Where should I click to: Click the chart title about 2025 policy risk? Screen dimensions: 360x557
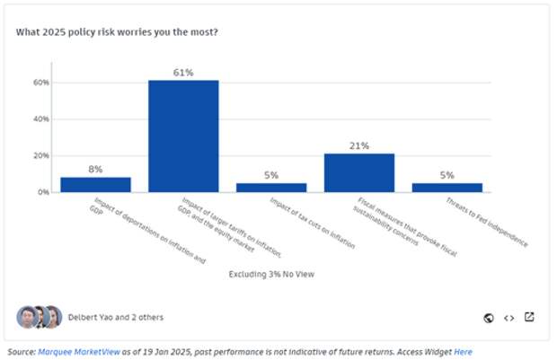click(x=117, y=32)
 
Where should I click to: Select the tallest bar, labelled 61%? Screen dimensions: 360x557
click(x=183, y=136)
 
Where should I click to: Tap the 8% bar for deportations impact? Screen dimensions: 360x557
click(x=95, y=184)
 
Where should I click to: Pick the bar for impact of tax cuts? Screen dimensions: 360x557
click(x=271, y=187)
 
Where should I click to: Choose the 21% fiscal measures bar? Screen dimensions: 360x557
click(x=359, y=172)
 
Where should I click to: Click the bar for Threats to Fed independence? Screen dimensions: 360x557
click(x=447, y=187)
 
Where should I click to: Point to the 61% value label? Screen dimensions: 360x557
click(x=183, y=72)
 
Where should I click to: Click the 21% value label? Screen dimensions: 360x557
click(x=359, y=145)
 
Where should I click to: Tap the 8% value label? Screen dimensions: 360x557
click(x=95, y=169)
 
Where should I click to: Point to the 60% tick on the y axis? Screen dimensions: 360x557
click(x=41, y=83)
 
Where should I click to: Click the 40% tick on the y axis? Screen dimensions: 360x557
click(x=41, y=119)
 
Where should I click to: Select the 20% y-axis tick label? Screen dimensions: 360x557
click(x=41, y=155)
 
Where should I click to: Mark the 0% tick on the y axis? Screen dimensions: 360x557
click(x=43, y=192)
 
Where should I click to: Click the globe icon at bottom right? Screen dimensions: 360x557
click(x=489, y=317)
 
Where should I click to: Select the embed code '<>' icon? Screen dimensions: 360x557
click(x=508, y=317)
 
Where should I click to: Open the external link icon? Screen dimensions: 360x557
click(x=529, y=317)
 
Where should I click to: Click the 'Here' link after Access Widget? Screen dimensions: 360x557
click(x=464, y=352)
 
